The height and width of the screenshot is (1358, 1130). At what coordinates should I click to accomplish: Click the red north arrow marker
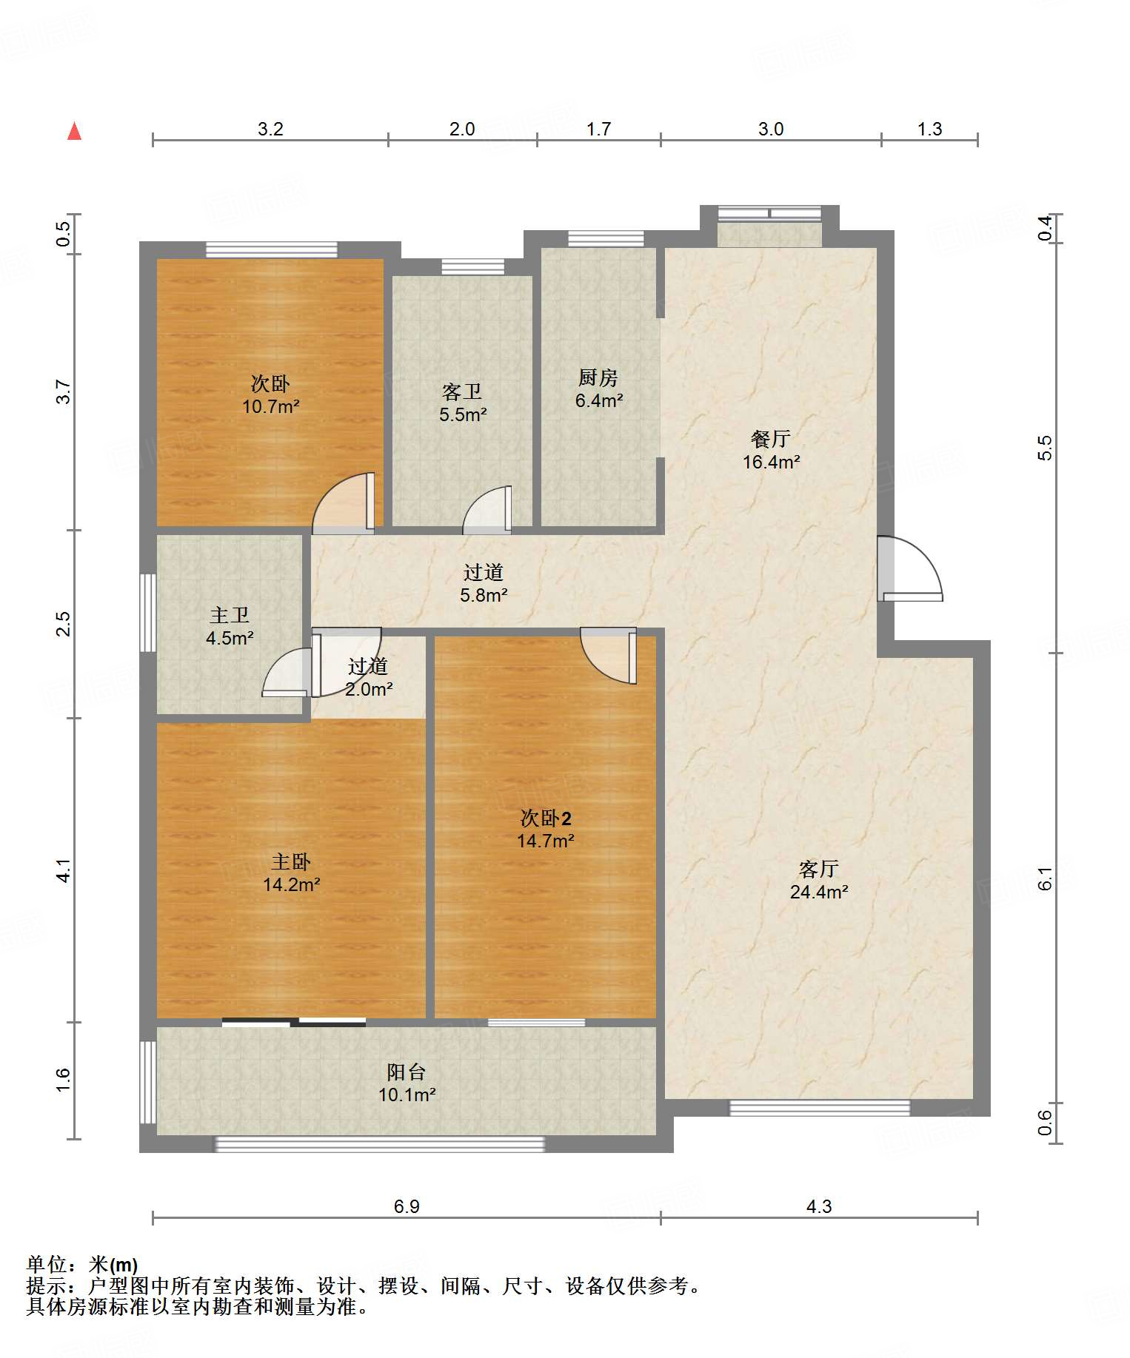point(74,131)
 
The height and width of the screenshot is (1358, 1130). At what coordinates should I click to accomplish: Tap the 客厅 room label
point(818,868)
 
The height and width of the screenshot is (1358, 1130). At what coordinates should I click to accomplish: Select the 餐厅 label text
point(771,439)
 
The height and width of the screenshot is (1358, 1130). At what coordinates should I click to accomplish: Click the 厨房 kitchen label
point(598,377)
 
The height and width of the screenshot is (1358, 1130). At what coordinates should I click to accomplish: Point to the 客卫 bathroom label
point(462,391)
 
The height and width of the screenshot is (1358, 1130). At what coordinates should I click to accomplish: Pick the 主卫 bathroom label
point(230,615)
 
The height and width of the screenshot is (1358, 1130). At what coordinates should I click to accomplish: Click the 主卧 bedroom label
point(291,861)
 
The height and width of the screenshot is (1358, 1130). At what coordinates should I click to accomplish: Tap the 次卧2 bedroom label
point(546,818)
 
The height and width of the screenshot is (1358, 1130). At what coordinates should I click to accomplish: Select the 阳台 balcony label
point(407,1072)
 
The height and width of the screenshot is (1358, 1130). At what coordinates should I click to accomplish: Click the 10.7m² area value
point(271,406)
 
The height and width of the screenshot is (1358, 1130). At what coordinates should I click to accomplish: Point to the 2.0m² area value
point(369,689)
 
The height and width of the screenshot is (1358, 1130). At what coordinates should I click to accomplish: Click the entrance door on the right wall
point(909,568)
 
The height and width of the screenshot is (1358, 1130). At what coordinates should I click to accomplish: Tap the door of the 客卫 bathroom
point(487,510)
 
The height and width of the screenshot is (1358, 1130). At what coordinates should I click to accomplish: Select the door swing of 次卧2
point(609,656)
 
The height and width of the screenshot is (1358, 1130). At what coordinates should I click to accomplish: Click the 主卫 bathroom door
point(287,672)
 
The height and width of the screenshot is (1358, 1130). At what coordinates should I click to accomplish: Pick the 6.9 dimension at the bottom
point(407,1206)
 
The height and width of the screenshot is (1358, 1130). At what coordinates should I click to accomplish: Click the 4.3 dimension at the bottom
point(819,1206)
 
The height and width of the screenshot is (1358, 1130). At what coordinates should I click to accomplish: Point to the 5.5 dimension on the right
point(1044,448)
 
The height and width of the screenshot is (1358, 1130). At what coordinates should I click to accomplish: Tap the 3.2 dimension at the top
point(270,129)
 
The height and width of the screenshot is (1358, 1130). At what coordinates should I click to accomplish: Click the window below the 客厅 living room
point(820,1108)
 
